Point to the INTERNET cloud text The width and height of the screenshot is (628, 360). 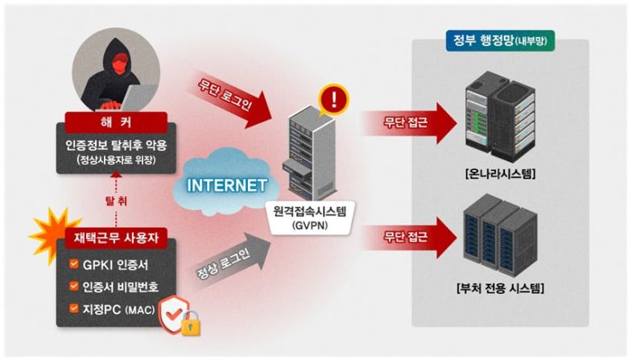[226, 184]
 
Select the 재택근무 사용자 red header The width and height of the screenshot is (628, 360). [111, 239]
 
